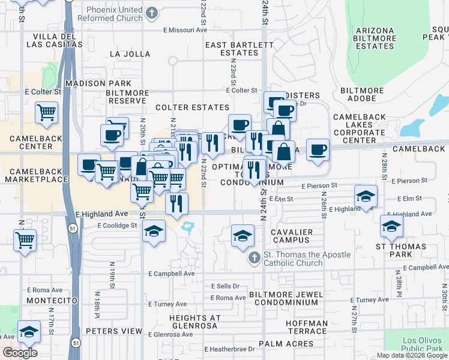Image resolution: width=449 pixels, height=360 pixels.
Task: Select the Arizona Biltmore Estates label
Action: pos(375,38)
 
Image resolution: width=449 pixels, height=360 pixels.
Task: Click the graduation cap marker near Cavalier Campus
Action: pos(243,234)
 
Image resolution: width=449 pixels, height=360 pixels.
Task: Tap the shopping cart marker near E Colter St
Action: pos(46,112)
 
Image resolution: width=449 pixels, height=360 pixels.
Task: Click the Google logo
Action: pos(20,352)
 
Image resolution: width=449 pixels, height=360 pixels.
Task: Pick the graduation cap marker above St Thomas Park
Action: pos(391,226)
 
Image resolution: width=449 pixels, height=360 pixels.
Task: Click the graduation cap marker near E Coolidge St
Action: pos(154,230)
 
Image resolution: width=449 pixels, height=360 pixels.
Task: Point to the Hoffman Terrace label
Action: pos(307,327)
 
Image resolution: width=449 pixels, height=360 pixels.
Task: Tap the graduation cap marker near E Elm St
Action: pos(366,196)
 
